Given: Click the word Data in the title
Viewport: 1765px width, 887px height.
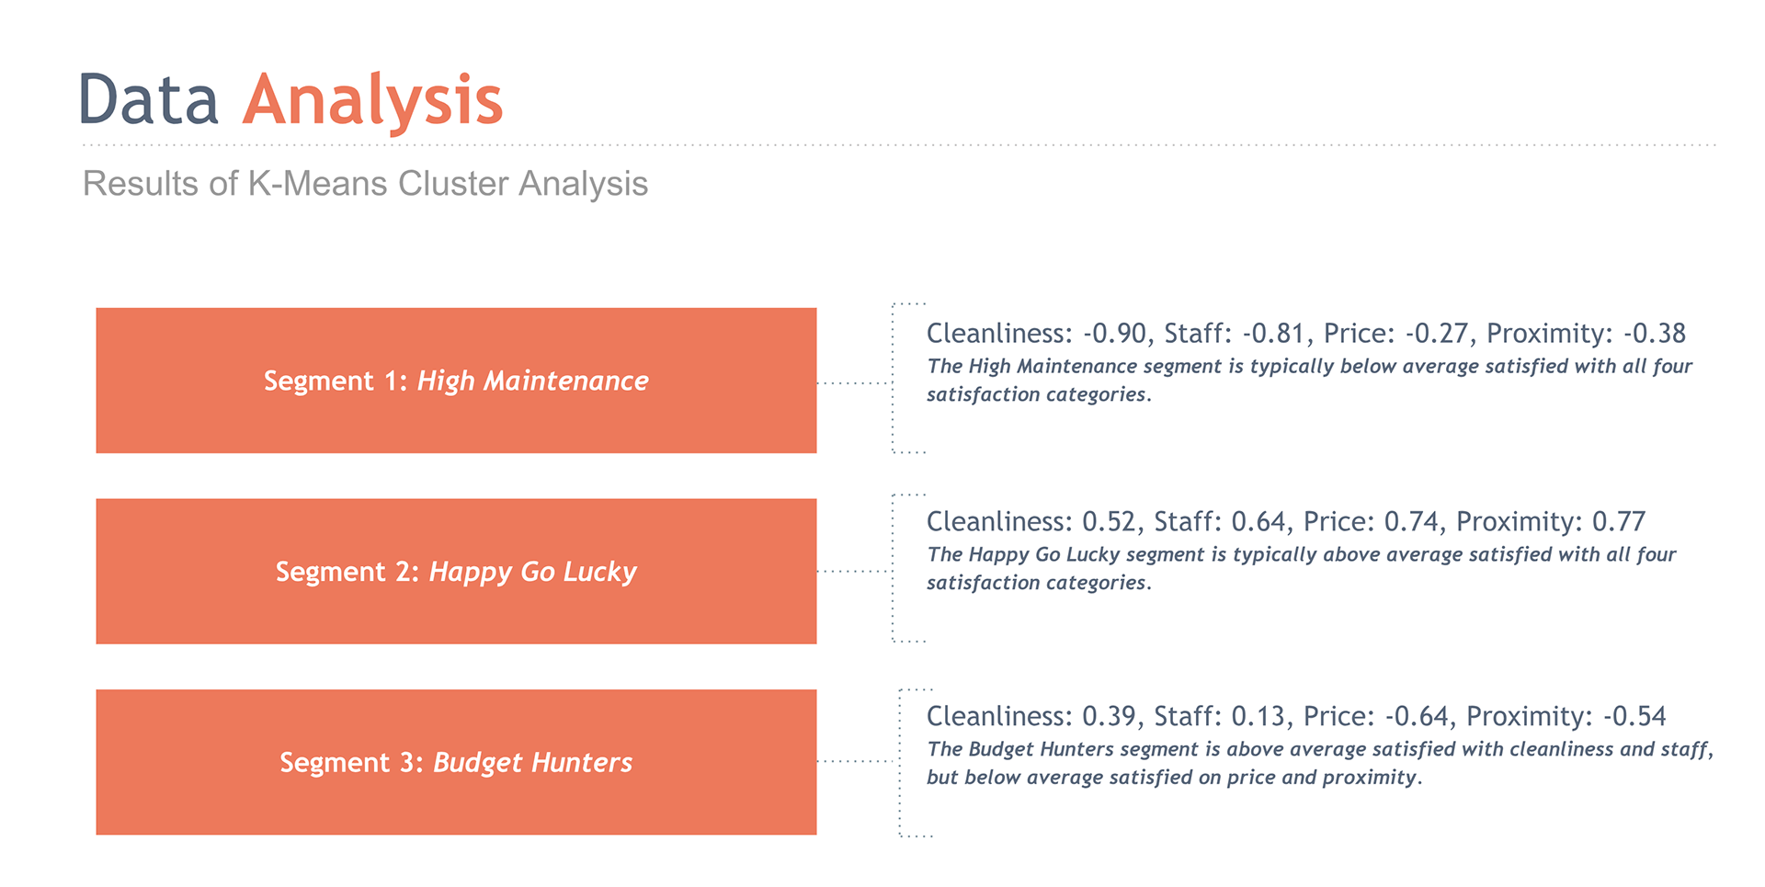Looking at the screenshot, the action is click(149, 99).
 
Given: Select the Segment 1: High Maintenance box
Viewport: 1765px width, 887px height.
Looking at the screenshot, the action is click(456, 381).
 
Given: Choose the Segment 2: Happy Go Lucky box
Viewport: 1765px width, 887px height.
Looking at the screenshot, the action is click(456, 572).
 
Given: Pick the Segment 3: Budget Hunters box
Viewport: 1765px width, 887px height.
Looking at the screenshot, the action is click(456, 763).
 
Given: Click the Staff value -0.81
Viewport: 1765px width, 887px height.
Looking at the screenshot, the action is click(1275, 333).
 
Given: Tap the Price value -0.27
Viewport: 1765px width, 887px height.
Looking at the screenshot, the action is click(1438, 333).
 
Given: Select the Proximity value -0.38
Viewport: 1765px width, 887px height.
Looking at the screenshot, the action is click(1655, 333).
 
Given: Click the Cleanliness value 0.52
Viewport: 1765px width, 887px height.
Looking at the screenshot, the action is click(1110, 521).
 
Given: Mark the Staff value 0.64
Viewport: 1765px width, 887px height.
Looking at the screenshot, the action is click(1259, 521).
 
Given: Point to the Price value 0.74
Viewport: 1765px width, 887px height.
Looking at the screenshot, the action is click(1412, 521).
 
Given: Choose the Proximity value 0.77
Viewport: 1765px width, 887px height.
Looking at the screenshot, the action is click(1619, 521).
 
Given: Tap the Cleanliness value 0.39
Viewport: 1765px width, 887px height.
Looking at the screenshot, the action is click(1110, 716).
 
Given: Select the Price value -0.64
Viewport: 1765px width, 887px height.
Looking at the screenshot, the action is click(1418, 716).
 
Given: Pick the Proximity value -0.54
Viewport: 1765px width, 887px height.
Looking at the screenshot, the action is click(1634, 716).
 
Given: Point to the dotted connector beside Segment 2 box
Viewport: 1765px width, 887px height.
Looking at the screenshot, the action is click(854, 572).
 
